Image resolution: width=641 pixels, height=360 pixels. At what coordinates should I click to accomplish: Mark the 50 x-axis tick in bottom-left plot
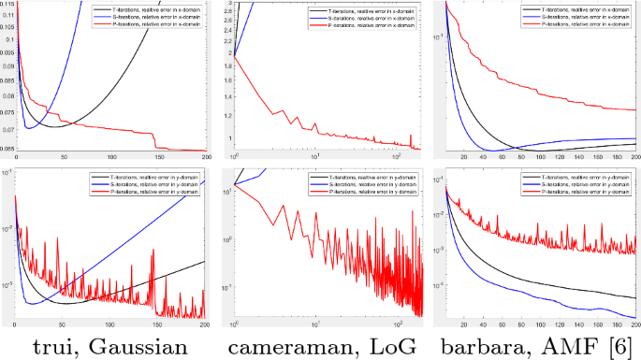(x=62, y=324)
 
